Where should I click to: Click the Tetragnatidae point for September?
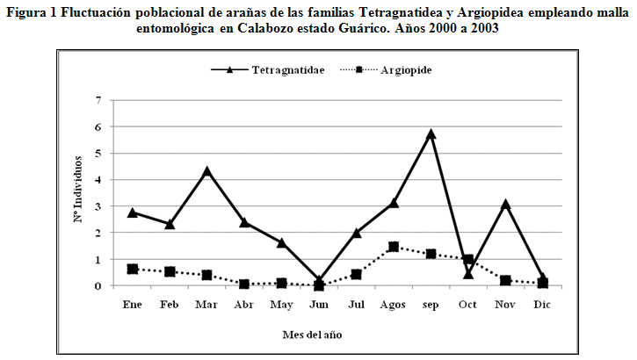[x=431, y=134]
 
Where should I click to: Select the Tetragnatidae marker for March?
[x=206, y=171]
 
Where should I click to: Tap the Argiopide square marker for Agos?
[x=394, y=247]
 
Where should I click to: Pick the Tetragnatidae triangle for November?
[x=506, y=205]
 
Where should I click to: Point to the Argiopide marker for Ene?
[x=132, y=269]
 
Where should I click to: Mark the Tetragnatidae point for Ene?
[x=132, y=212]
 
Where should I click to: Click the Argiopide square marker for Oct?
[x=469, y=260]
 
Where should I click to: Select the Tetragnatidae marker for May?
[x=281, y=242]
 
